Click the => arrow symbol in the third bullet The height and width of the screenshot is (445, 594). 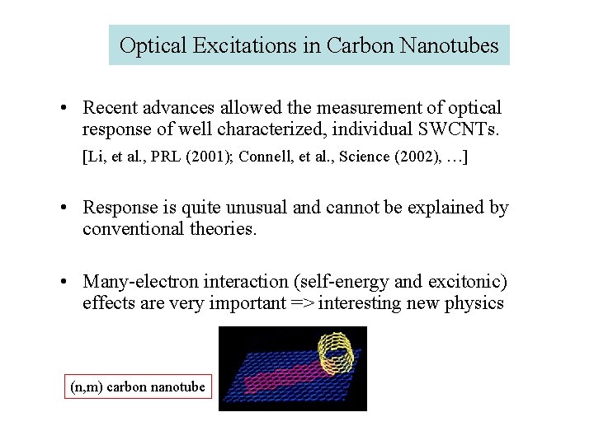click(x=303, y=303)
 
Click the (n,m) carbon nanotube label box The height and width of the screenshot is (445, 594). click(x=138, y=386)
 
